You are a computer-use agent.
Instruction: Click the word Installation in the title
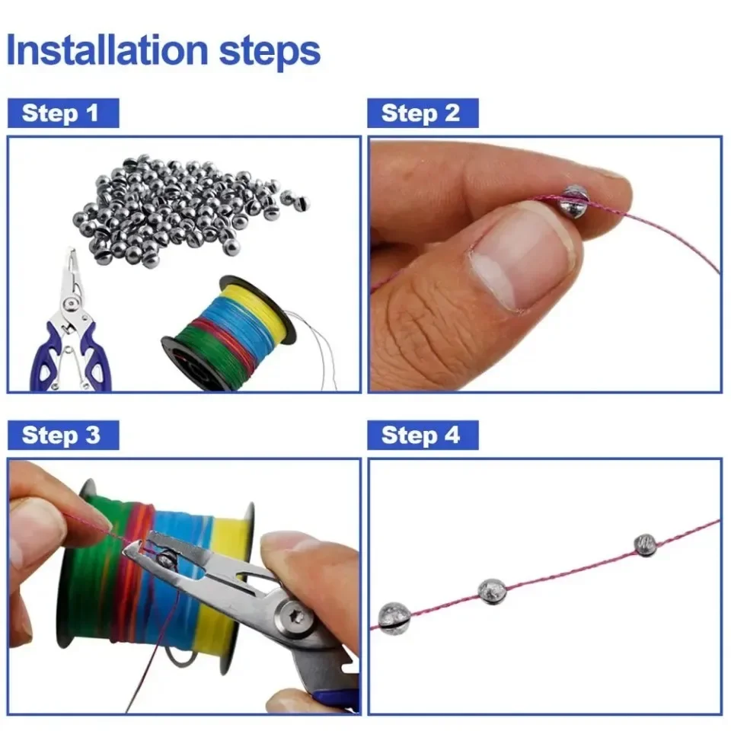point(107,51)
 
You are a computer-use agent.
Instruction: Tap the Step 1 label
point(61,113)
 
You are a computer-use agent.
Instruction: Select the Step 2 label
point(421,113)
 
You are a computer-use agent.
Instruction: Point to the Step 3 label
point(61,436)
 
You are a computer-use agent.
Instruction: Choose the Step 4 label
point(421,436)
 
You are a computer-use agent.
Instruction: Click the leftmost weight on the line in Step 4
point(394,616)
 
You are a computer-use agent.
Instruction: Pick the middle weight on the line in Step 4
point(491,590)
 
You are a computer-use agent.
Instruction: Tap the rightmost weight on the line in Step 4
point(645,544)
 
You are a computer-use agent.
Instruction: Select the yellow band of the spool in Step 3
point(228,579)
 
